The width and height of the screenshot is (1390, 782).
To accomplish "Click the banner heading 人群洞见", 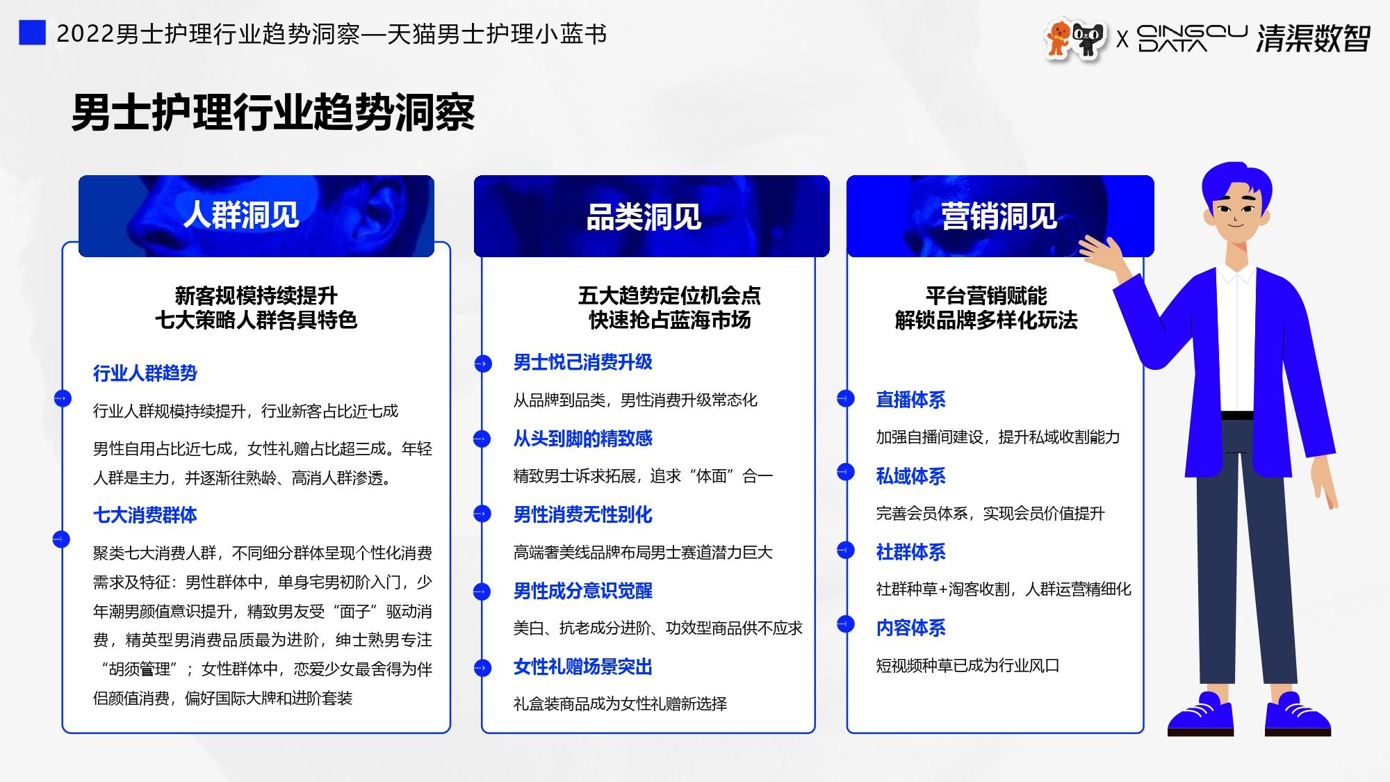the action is point(241,215).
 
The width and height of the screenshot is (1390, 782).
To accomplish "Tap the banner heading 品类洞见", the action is point(644,217).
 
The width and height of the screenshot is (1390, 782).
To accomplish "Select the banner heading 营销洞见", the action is point(999,216).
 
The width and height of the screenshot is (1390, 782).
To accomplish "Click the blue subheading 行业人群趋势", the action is point(145,373).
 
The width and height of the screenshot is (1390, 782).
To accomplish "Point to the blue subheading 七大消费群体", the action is point(145,515).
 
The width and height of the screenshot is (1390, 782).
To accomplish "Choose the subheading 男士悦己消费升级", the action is point(583,362).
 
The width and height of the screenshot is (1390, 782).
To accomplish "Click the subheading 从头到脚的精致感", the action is point(583,439).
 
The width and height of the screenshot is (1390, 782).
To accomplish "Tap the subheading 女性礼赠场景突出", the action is point(583,667).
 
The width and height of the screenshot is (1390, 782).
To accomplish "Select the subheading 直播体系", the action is point(910,400).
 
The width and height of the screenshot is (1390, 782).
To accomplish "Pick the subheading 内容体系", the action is point(910,628).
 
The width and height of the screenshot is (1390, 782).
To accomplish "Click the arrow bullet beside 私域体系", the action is point(845,472).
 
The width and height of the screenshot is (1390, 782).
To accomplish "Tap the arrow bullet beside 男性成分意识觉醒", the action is point(482,592).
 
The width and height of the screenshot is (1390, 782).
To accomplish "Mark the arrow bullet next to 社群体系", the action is point(845,550).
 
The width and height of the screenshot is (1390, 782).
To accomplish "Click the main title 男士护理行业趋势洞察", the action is point(273,112).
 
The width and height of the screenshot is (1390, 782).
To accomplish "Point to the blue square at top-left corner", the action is point(32,32).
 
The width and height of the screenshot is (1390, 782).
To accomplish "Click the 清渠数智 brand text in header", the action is point(1313,38).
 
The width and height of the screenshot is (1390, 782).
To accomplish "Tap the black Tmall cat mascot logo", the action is point(1088,39).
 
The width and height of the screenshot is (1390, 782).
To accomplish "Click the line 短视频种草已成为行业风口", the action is point(967,666).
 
